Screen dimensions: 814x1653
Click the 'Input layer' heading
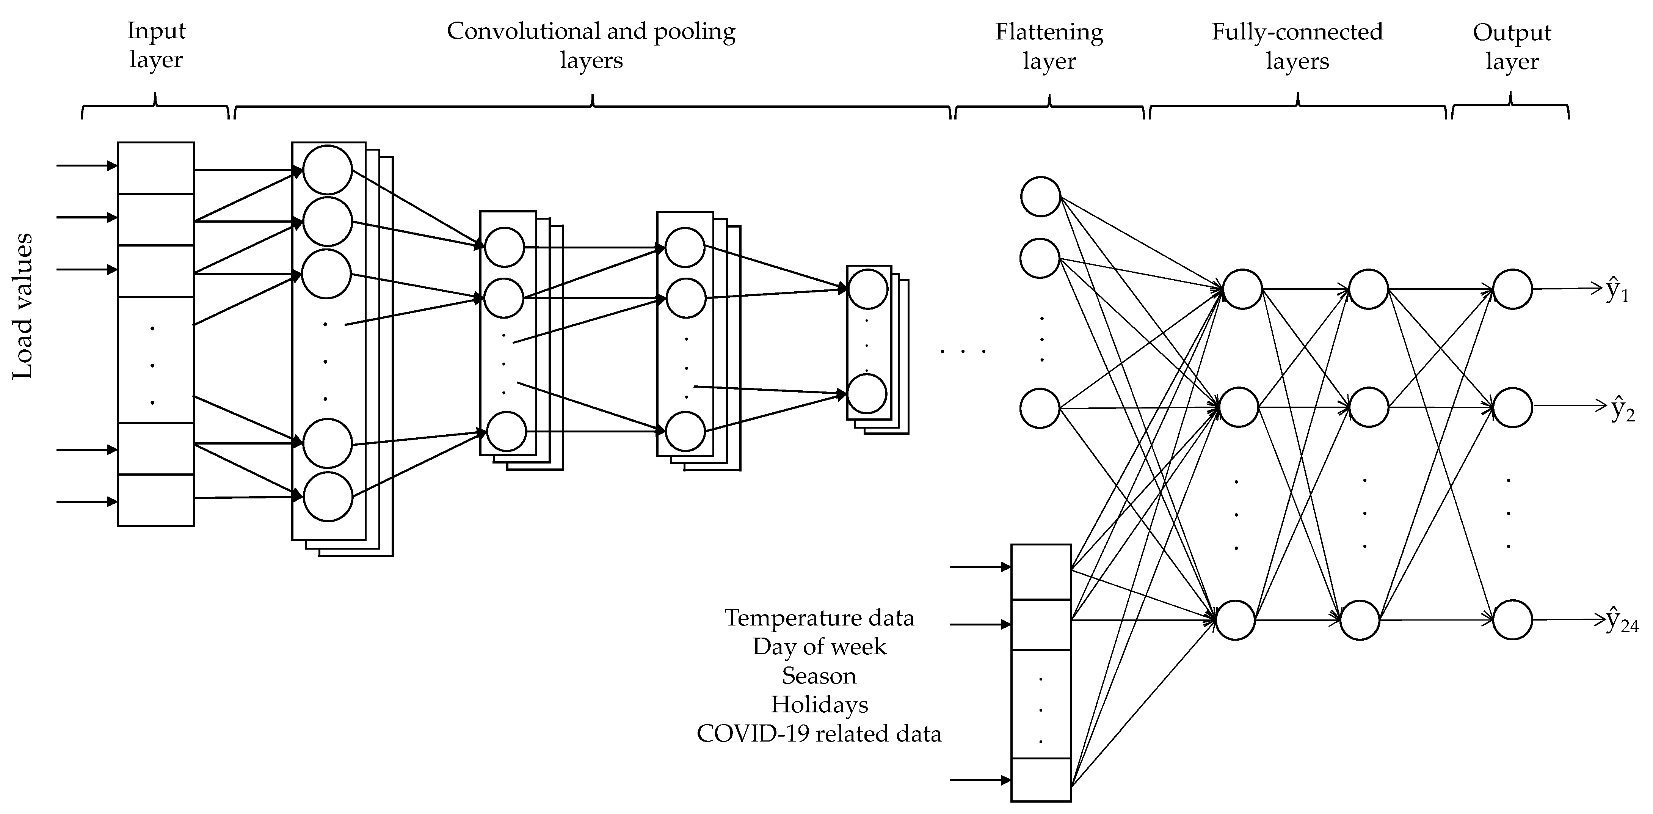click(x=156, y=45)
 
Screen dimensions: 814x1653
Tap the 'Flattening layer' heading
click(x=1049, y=46)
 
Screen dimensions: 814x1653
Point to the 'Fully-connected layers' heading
click(x=1297, y=46)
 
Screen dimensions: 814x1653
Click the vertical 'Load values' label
click(x=23, y=306)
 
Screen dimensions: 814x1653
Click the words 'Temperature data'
click(x=819, y=618)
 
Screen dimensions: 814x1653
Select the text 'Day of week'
click(x=819, y=646)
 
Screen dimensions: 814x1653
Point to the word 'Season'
click(x=819, y=675)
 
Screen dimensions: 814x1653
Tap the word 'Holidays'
click(x=819, y=704)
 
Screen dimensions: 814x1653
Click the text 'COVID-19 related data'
click(x=819, y=733)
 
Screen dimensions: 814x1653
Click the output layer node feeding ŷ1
click(x=1512, y=289)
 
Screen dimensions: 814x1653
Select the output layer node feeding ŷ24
click(x=1512, y=620)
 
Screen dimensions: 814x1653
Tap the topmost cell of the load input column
click(x=156, y=168)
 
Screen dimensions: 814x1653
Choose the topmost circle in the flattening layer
click(x=1040, y=196)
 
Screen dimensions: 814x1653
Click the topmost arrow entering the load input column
click(x=86, y=166)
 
